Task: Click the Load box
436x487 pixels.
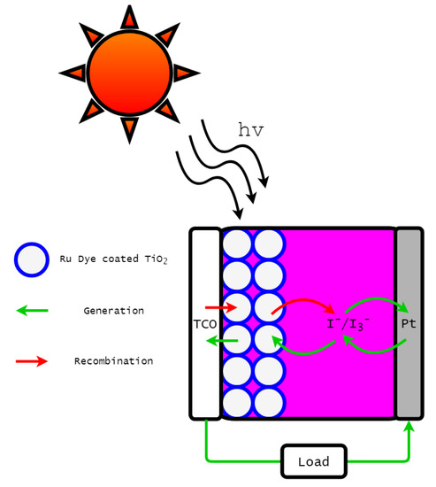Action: point(314,461)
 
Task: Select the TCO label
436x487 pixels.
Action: point(205,324)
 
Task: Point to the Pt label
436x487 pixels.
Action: point(409,324)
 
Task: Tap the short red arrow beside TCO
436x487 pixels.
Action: point(226,308)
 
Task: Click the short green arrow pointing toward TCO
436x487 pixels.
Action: point(226,341)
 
